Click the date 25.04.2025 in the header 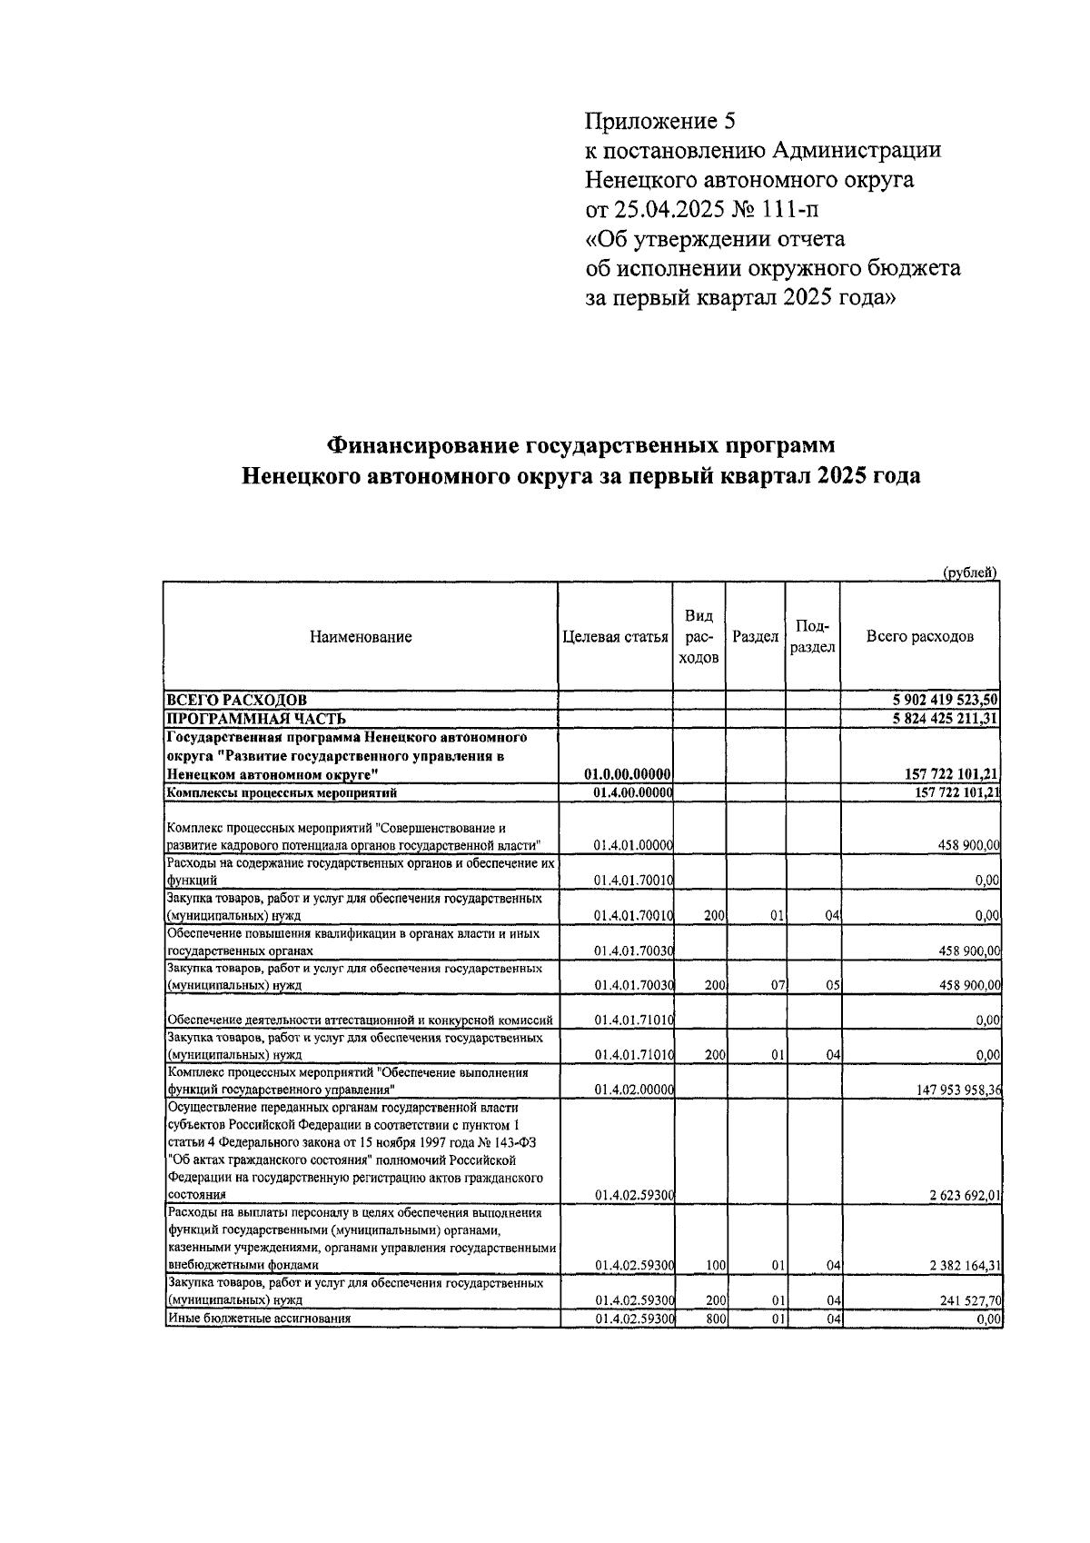668,209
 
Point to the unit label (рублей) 970,572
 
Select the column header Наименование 361,637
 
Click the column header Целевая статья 615,637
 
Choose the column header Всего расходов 919,637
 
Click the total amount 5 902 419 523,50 946,700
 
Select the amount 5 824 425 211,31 946,718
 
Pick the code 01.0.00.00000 628,773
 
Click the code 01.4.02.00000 632,1090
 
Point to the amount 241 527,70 968,1300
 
